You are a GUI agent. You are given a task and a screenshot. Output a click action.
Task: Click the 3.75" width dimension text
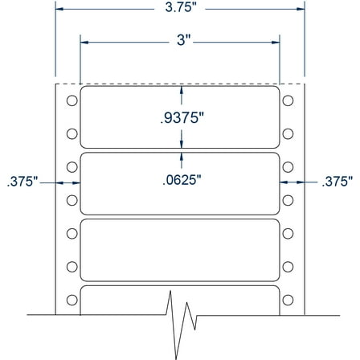[x=180, y=10]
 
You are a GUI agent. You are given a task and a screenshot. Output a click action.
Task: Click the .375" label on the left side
[x=22, y=182]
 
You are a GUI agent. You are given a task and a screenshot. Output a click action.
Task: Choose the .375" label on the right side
[x=337, y=182]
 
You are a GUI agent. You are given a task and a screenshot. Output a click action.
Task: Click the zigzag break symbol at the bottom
[x=182, y=317]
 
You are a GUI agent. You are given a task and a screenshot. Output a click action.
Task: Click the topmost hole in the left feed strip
[x=71, y=100]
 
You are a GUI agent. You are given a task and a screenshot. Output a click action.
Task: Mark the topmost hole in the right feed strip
[x=288, y=100]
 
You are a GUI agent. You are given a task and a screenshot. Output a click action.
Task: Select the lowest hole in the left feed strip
[x=71, y=300]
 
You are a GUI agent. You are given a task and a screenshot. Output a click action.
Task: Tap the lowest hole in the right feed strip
[x=288, y=300]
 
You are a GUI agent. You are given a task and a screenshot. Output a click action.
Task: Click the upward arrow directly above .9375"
[x=182, y=91]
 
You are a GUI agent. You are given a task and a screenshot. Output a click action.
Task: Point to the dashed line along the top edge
[x=179, y=83]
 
